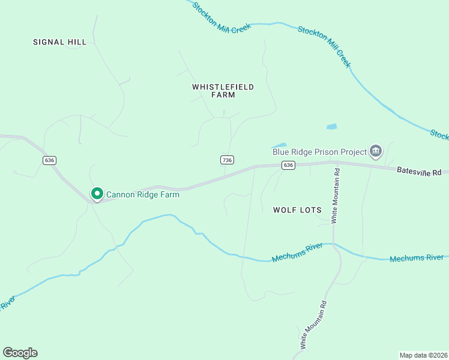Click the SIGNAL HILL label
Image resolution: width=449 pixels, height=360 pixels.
pyautogui.click(x=60, y=42)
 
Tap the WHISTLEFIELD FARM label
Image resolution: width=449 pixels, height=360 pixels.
pyautogui.click(x=223, y=91)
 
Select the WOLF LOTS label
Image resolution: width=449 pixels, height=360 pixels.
pyautogui.click(x=297, y=210)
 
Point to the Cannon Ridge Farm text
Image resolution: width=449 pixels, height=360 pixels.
pyautogui.click(x=143, y=194)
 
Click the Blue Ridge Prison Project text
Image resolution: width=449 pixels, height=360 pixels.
pyautogui.click(x=319, y=152)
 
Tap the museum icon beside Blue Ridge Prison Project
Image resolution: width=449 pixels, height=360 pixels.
pyautogui.click(x=376, y=151)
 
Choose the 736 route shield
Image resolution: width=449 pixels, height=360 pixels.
pyautogui.click(x=226, y=160)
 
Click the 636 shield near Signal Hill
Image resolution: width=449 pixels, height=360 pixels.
pyautogui.click(x=49, y=160)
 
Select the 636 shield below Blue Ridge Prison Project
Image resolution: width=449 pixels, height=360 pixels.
pyautogui.click(x=289, y=165)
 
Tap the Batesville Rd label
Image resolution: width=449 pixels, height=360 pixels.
pyautogui.click(x=418, y=172)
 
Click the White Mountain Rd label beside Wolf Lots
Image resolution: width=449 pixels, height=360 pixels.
pyautogui.click(x=337, y=196)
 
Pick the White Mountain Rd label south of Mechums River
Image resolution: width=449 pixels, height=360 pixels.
pyautogui.click(x=315, y=325)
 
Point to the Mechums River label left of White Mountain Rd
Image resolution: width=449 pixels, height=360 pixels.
pyautogui.click(x=297, y=252)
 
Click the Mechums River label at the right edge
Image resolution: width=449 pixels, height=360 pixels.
pyautogui.click(x=417, y=259)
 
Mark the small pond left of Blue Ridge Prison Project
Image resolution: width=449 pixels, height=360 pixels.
pyautogui.click(x=279, y=145)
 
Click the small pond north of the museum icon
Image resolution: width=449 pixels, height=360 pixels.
pyautogui.click(x=331, y=127)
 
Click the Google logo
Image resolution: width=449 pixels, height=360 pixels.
pyautogui.click(x=20, y=353)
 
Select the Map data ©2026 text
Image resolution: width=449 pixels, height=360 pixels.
pyautogui.click(x=423, y=355)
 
